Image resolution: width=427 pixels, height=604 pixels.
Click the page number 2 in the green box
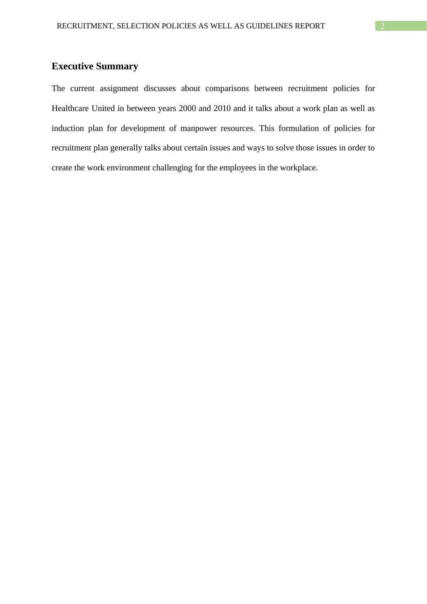(x=382, y=26)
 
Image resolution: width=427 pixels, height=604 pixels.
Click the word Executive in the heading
(x=72, y=66)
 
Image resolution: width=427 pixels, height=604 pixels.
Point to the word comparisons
(x=227, y=89)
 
